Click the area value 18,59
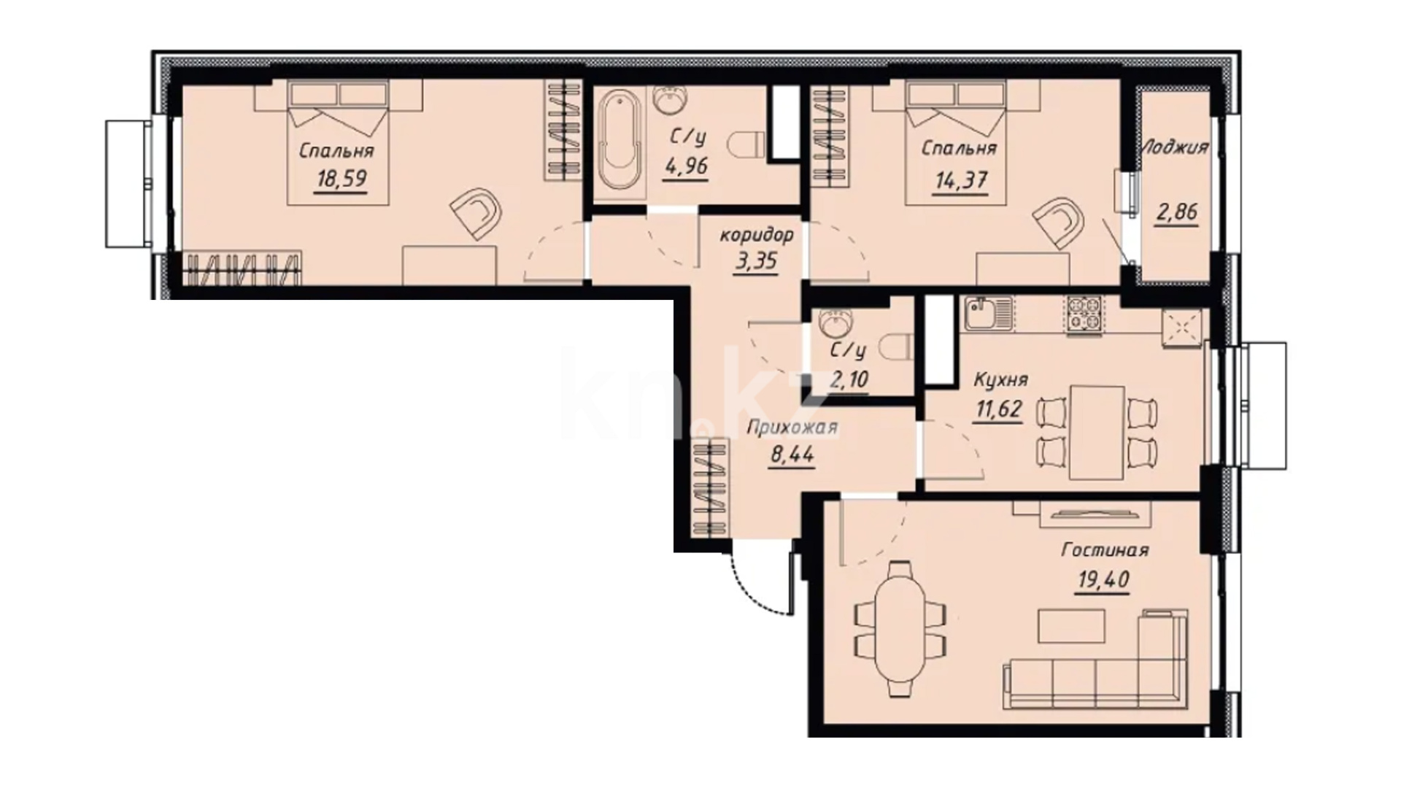click(x=341, y=179)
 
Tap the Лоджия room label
click(x=1174, y=147)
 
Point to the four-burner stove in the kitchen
click(x=1084, y=316)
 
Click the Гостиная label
click(x=1105, y=549)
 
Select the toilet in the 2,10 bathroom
click(x=897, y=347)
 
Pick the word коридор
click(x=756, y=235)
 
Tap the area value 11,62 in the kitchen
click(x=998, y=409)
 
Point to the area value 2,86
click(x=1176, y=212)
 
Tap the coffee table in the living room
click(x=1072, y=625)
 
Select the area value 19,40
click(x=1103, y=580)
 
